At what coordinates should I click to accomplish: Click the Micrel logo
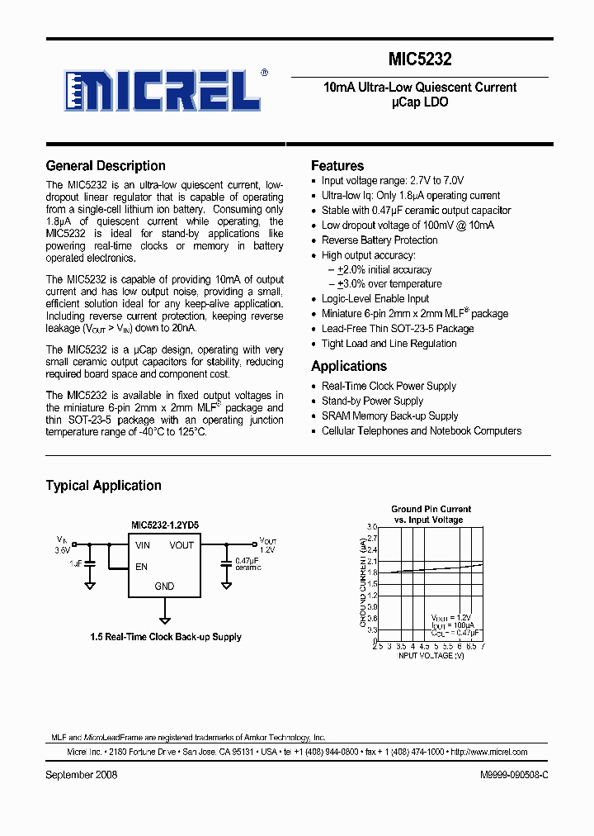click(164, 89)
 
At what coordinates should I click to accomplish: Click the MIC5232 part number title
click(420, 59)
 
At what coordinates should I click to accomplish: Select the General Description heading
click(106, 166)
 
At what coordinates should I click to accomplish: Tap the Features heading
click(337, 166)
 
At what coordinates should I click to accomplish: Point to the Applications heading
click(349, 367)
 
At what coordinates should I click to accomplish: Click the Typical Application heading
click(103, 486)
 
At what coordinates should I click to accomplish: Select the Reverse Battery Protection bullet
click(379, 240)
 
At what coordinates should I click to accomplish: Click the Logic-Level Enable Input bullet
click(375, 299)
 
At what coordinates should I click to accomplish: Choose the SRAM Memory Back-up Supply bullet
click(389, 416)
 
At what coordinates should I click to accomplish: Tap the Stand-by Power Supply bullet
click(372, 401)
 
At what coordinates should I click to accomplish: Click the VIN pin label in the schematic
click(143, 545)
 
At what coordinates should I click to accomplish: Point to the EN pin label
click(141, 567)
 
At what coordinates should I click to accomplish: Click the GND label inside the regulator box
click(164, 587)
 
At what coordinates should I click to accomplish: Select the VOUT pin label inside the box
click(181, 545)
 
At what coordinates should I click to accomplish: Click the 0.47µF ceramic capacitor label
click(248, 563)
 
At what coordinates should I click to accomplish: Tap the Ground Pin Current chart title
click(431, 515)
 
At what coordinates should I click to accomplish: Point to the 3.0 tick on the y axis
click(371, 527)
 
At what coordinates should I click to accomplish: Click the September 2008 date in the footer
click(82, 775)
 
